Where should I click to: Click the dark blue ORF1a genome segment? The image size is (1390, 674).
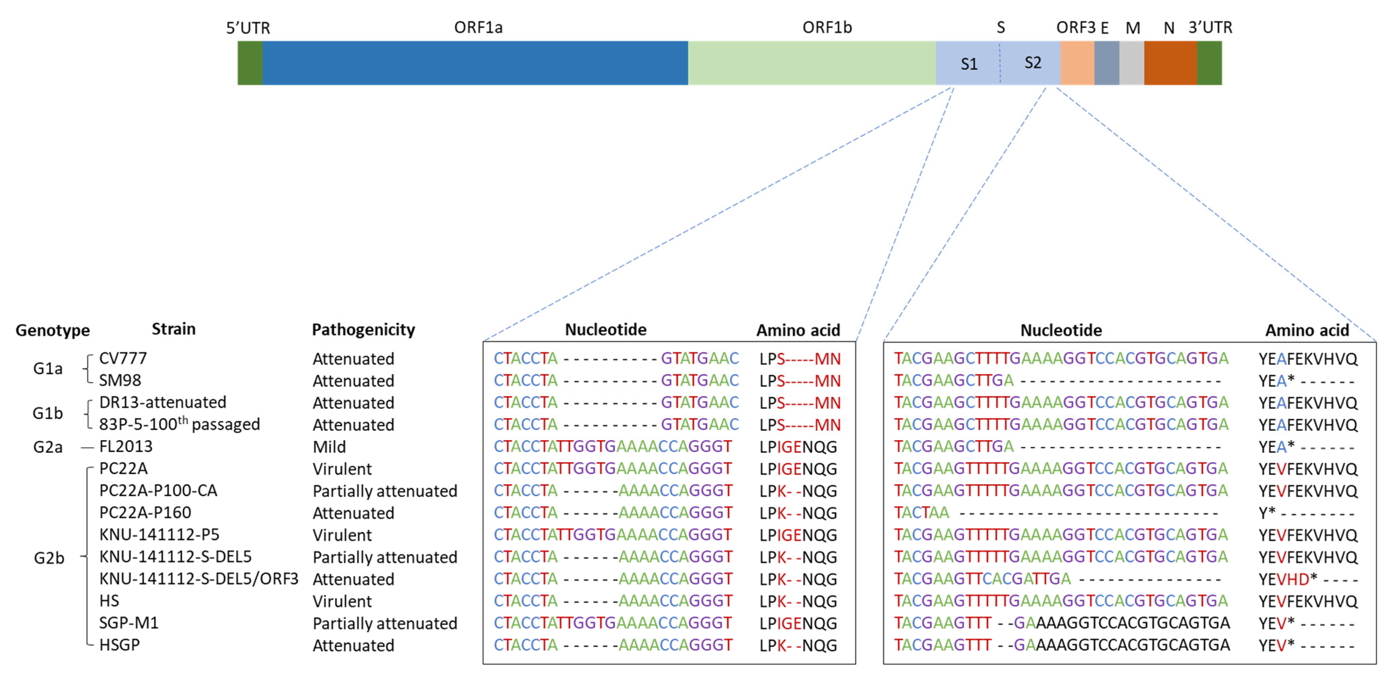point(475,63)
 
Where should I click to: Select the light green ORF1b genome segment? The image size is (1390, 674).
point(812,63)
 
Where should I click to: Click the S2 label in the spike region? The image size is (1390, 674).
point(1032,63)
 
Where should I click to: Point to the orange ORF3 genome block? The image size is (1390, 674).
point(1077,63)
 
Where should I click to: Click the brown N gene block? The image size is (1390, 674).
point(1170,63)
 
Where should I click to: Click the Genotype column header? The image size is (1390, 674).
point(52,330)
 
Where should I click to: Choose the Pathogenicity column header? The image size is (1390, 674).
point(363,330)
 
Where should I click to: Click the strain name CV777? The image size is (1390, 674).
point(123,358)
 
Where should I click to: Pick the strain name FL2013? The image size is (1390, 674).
point(126,447)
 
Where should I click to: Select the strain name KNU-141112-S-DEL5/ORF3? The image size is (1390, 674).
point(199,579)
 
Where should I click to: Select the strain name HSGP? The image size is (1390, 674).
point(119,645)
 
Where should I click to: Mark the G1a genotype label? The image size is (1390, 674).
point(48,369)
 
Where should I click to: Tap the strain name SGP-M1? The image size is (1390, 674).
point(128,623)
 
